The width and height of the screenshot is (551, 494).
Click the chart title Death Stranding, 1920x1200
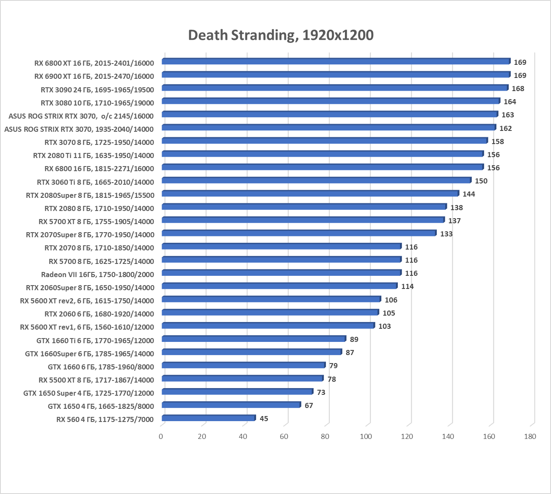(x=281, y=35)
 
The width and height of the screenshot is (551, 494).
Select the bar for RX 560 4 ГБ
(x=209, y=418)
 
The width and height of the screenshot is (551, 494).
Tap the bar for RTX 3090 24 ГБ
(x=335, y=88)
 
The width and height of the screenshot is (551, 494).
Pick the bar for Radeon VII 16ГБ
(x=281, y=273)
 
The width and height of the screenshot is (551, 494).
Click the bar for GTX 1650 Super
(x=237, y=392)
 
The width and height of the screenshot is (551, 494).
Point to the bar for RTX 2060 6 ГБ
(x=270, y=313)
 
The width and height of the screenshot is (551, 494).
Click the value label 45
(x=264, y=419)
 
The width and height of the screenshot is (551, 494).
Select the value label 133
(x=446, y=234)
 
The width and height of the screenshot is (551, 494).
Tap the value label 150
(x=481, y=181)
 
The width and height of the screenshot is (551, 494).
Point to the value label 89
(x=354, y=339)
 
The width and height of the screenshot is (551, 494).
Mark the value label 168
(x=518, y=89)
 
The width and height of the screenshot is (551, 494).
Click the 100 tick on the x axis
(x=366, y=436)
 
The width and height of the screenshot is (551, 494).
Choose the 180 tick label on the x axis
(x=529, y=436)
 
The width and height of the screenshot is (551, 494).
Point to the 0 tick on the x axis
(x=161, y=436)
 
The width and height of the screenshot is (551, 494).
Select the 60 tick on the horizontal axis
(x=284, y=436)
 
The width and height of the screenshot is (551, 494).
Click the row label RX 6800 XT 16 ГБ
(x=94, y=63)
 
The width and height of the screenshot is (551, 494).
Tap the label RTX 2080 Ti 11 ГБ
(x=94, y=155)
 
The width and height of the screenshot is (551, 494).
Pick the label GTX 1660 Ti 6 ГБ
(x=95, y=340)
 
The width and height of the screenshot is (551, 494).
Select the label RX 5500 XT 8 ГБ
(x=96, y=380)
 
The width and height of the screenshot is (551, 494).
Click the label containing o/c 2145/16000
(x=81, y=116)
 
